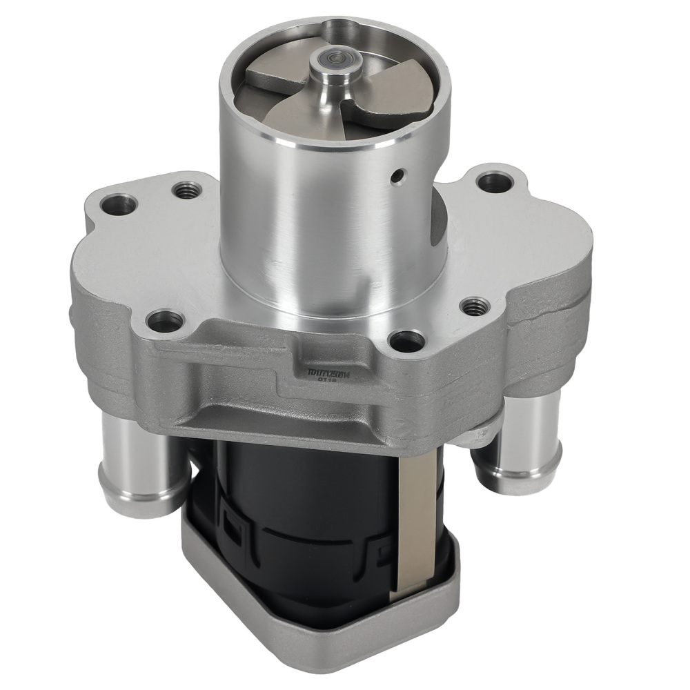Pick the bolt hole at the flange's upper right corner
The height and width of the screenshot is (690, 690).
pyautogui.click(x=491, y=182)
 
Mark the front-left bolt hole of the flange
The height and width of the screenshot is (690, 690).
pyautogui.click(x=166, y=319)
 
